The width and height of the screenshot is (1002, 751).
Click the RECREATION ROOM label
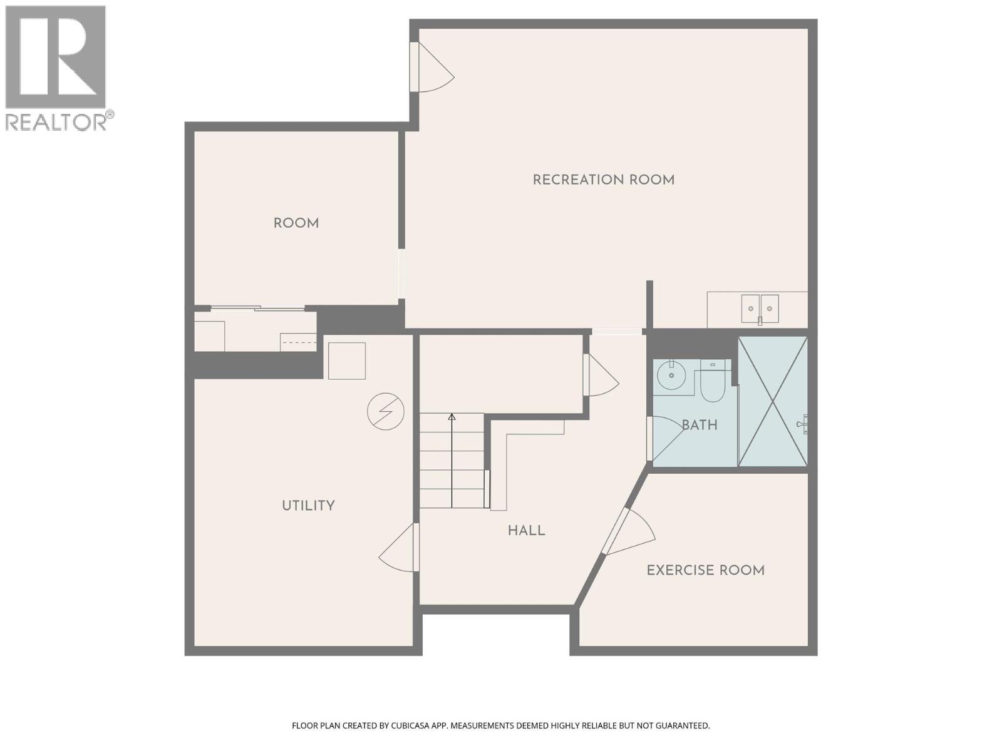click(x=603, y=180)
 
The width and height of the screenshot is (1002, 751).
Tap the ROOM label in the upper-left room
click(x=296, y=223)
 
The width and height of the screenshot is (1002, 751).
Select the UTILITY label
click(x=308, y=506)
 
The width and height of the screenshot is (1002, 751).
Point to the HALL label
click(x=526, y=531)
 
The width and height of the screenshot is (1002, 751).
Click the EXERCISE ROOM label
click(x=705, y=570)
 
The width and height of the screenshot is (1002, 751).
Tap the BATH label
click(x=699, y=425)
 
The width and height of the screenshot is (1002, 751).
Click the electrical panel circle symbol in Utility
click(x=385, y=411)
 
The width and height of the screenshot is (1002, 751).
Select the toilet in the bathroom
click(x=712, y=382)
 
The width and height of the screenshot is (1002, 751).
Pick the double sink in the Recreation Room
click(x=760, y=308)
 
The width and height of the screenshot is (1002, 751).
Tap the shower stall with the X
click(x=773, y=401)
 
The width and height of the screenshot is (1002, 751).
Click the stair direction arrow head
click(x=452, y=416)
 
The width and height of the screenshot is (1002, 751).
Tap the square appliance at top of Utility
click(x=346, y=360)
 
